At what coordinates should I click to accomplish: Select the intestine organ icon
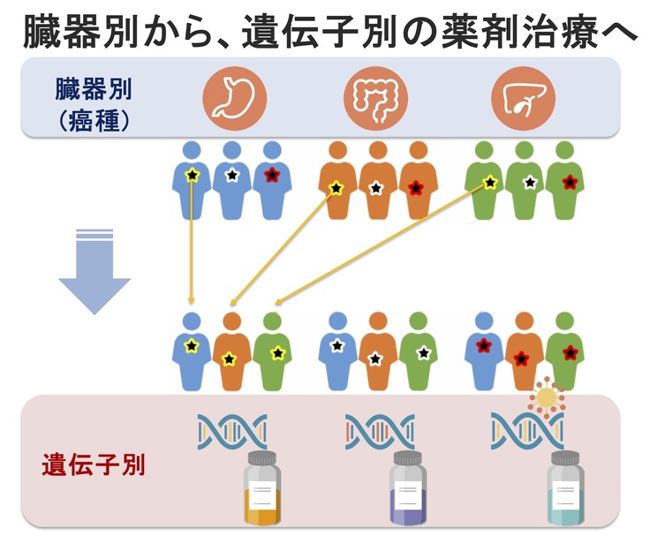point(378,97)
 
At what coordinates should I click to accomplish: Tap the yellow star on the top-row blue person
point(192,176)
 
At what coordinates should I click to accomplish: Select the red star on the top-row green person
point(570,182)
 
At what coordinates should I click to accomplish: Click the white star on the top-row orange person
point(374,187)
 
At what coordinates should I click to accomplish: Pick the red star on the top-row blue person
point(270,174)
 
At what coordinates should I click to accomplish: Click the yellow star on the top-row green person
point(490,183)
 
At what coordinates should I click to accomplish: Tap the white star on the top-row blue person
point(231,175)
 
